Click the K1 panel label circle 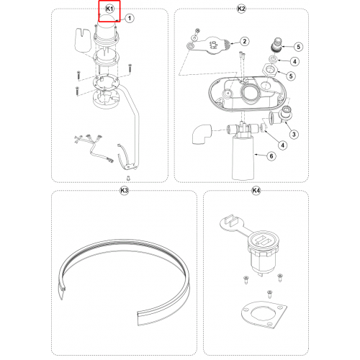[x=109, y=9]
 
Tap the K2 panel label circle [x=241, y=9]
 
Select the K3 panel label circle [x=124, y=191]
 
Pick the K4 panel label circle [x=256, y=191]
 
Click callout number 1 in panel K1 [x=130, y=18]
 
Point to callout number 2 [x=245, y=41]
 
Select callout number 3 [x=294, y=135]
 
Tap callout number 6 [x=271, y=156]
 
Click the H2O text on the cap [x=215, y=45]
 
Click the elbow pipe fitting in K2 [x=202, y=134]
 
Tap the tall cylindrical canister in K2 [x=243, y=158]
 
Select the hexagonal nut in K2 [x=270, y=70]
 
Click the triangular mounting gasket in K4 [x=264, y=315]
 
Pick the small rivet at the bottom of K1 [x=129, y=178]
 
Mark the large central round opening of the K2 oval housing [x=250, y=94]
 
